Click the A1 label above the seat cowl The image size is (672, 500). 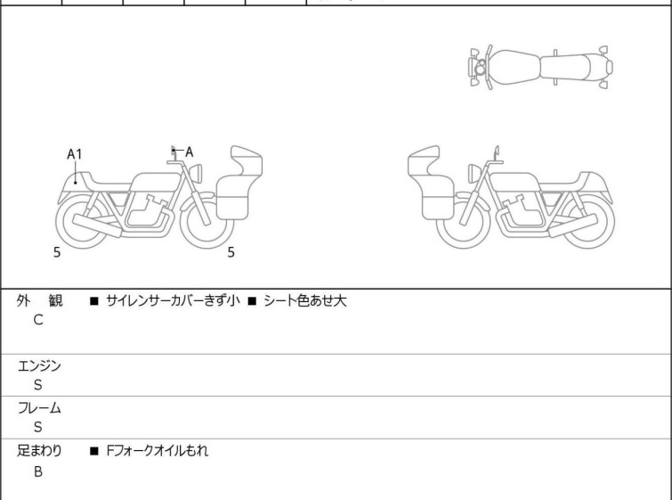tap(75, 154)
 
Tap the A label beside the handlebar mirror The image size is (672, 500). tap(189, 152)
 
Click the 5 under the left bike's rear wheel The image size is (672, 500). tap(57, 252)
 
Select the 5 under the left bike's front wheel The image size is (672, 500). tap(231, 252)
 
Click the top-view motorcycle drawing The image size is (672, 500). tap(540, 66)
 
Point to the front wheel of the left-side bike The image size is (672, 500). tap(207, 222)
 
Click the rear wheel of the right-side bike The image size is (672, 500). tap(587, 222)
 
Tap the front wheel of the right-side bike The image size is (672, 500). tap(464, 222)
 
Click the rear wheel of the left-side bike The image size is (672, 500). tap(82, 222)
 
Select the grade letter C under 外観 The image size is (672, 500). tap(38, 320)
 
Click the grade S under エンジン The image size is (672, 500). tap(38, 385)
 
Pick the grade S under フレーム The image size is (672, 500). tap(38, 428)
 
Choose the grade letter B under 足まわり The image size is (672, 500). tap(38, 471)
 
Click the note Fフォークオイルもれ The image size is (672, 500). tap(157, 452)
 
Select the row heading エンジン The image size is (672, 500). tap(40, 365)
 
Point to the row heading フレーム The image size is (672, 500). tap(40, 408)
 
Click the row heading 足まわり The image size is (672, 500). tap(40, 452)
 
